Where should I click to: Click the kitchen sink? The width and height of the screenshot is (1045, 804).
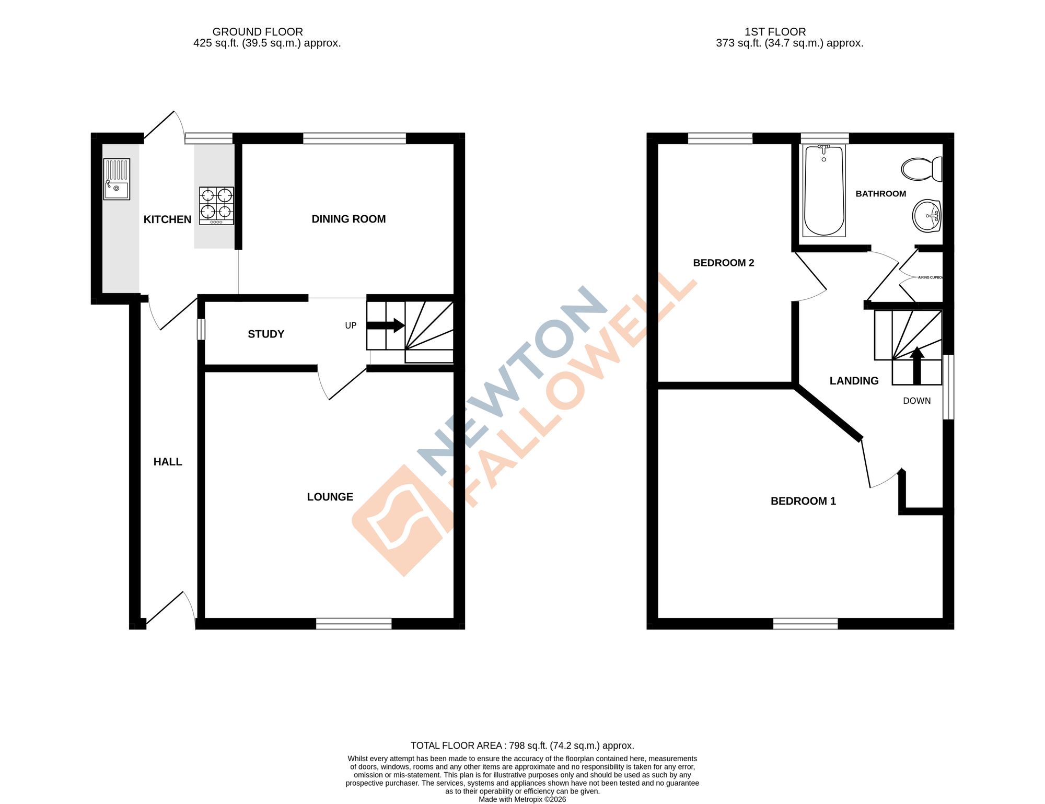[117, 179]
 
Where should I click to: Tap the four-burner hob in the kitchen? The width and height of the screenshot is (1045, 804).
[216, 205]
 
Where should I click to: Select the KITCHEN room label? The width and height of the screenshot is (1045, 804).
[167, 219]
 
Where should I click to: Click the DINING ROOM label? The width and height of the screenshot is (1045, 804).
[349, 219]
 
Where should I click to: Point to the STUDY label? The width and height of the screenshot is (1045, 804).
[266, 334]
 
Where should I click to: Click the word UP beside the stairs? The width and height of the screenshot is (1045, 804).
[351, 325]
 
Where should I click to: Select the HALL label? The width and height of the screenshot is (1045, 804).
[168, 462]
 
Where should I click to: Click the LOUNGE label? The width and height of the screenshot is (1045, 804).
[330, 497]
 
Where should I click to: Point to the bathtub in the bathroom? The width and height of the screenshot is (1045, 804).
[824, 191]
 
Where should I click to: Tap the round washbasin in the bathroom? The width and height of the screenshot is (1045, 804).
[926, 216]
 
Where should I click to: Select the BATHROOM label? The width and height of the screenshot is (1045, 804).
[880, 194]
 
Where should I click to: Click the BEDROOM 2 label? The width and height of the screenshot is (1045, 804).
[723, 263]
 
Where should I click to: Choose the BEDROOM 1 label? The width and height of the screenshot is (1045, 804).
[803, 501]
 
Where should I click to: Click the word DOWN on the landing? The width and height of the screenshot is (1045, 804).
[916, 401]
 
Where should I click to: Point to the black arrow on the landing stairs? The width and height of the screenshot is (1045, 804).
[916, 365]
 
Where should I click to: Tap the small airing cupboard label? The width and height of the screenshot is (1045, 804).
[930, 277]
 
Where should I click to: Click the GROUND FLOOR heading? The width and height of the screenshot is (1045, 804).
[258, 32]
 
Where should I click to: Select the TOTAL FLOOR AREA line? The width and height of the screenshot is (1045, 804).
[522, 745]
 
